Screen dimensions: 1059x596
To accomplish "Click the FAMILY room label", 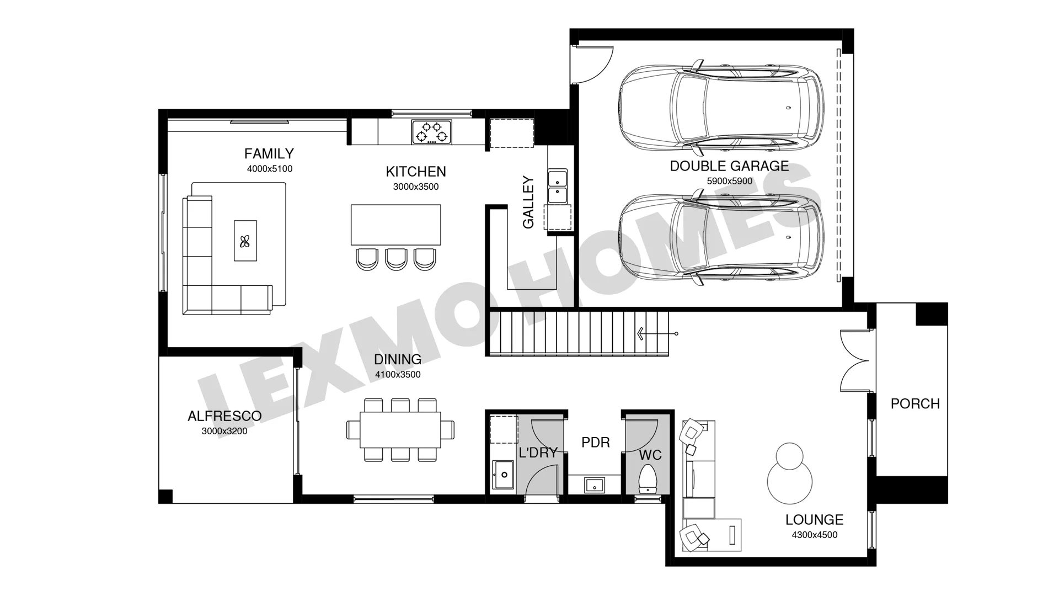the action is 269,153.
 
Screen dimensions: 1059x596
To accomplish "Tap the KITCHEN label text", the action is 416,172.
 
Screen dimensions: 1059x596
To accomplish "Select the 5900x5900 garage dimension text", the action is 729,181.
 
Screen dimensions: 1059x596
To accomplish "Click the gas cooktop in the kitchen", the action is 431,132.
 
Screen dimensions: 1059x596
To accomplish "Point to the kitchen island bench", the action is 396,225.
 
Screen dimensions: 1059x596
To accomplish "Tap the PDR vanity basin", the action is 594,485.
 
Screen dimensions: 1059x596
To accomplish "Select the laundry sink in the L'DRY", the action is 503,475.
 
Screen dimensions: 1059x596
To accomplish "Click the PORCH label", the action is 915,404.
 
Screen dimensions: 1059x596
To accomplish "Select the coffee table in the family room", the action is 245,241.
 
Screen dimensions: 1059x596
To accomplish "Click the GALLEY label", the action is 528,202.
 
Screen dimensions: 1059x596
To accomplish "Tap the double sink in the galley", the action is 557,187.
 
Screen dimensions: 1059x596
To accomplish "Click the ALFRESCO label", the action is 224,416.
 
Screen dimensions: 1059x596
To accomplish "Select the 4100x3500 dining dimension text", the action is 398,375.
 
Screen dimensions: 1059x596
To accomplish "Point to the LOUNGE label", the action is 815,520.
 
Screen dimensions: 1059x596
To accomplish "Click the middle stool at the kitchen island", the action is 396,259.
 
